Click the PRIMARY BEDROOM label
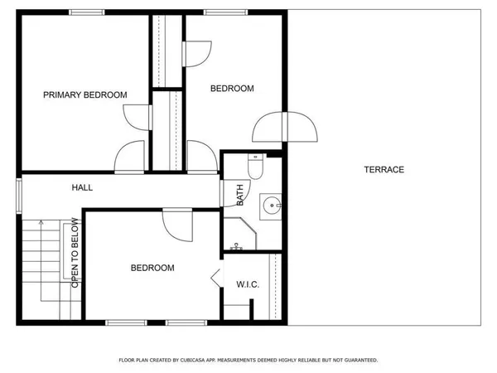point(84,95)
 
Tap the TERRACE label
point(384,170)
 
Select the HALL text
point(82,188)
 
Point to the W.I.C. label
point(248,284)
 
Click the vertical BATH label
point(240,196)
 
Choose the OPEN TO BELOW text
point(75,253)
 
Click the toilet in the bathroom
point(256,168)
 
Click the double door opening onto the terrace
point(286,128)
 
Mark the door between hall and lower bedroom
point(177,223)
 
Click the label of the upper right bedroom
point(231,88)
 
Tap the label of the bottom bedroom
point(152,268)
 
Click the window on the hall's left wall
point(19,196)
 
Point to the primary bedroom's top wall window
point(86,12)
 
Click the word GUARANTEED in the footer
point(358,361)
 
